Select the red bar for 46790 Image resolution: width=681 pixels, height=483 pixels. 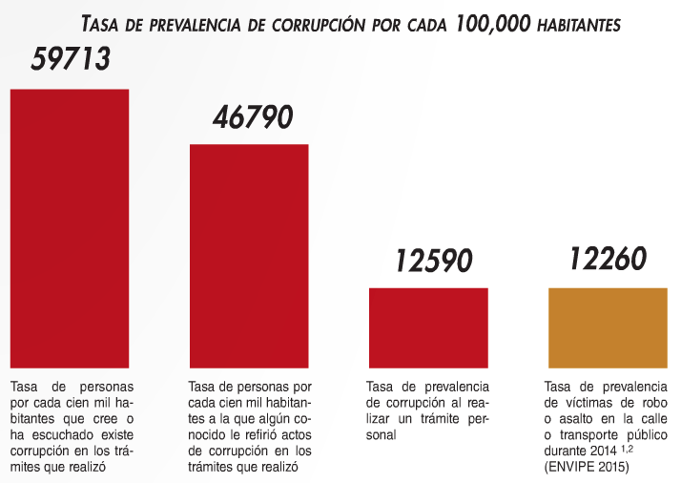click(249, 256)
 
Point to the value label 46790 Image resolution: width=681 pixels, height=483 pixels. click(252, 117)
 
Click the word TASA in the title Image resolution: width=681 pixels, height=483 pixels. click(105, 22)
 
